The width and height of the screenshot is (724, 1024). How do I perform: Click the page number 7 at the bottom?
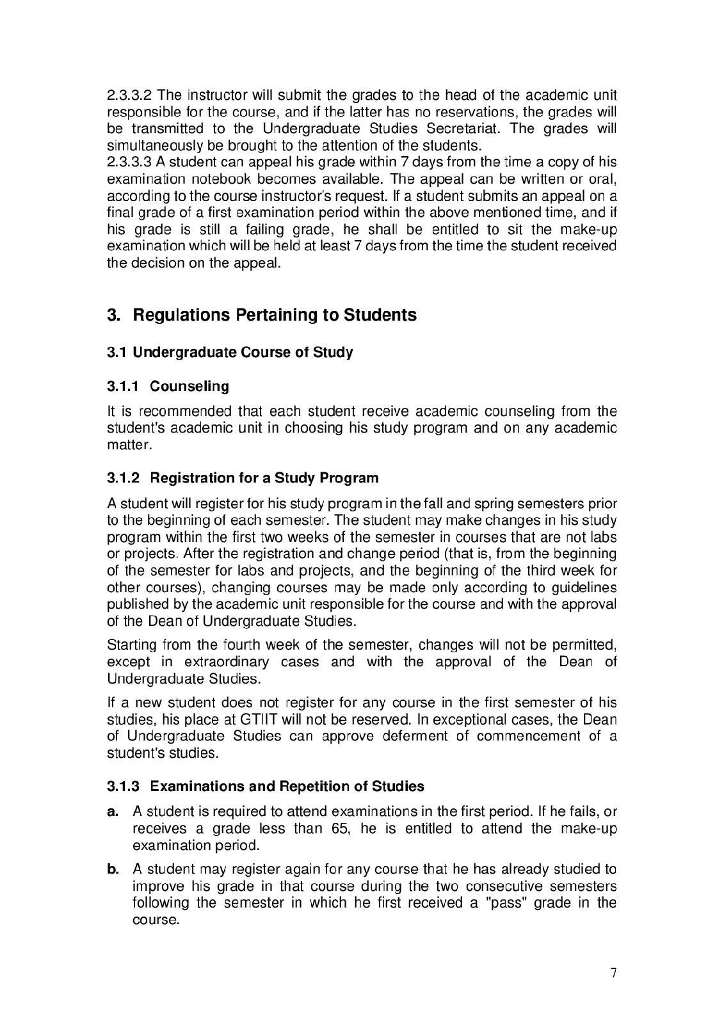click(614, 973)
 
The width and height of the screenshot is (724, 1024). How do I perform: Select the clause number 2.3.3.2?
click(130, 95)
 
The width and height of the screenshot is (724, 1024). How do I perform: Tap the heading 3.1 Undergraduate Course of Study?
click(230, 353)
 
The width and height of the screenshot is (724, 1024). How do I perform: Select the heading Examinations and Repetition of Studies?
click(287, 786)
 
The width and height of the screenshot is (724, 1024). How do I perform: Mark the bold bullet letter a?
click(113, 812)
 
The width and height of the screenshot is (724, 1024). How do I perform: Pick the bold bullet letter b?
click(113, 870)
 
